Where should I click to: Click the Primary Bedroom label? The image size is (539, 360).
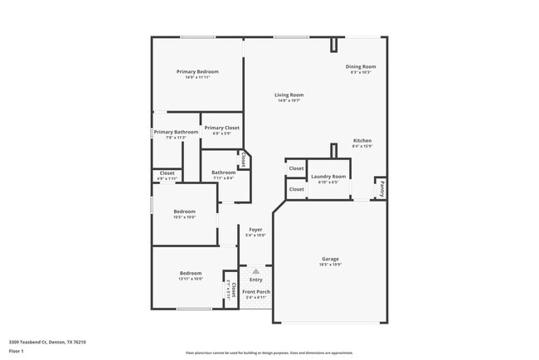pyautogui.click(x=197, y=72)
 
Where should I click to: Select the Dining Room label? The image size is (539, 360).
pyautogui.click(x=361, y=66)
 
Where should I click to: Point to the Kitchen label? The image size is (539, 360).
pyautogui.click(x=362, y=141)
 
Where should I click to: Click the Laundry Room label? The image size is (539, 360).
pyautogui.click(x=328, y=177)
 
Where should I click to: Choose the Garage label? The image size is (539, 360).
pyautogui.click(x=330, y=260)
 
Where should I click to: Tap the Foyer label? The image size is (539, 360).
pyautogui.click(x=255, y=229)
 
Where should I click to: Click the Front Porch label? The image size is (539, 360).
pyautogui.click(x=256, y=292)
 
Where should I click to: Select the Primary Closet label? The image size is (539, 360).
pyautogui.click(x=221, y=128)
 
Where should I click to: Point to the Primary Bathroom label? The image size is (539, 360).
pyautogui.click(x=176, y=132)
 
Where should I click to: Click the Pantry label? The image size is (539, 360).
pyautogui.click(x=382, y=189)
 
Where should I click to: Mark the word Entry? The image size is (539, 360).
pyautogui.click(x=256, y=280)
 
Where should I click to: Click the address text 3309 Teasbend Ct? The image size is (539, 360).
pyautogui.click(x=33, y=341)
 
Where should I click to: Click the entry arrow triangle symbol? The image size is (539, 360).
pyautogui.click(x=256, y=270)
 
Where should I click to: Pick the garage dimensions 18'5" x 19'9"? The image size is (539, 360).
pyautogui.click(x=330, y=265)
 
